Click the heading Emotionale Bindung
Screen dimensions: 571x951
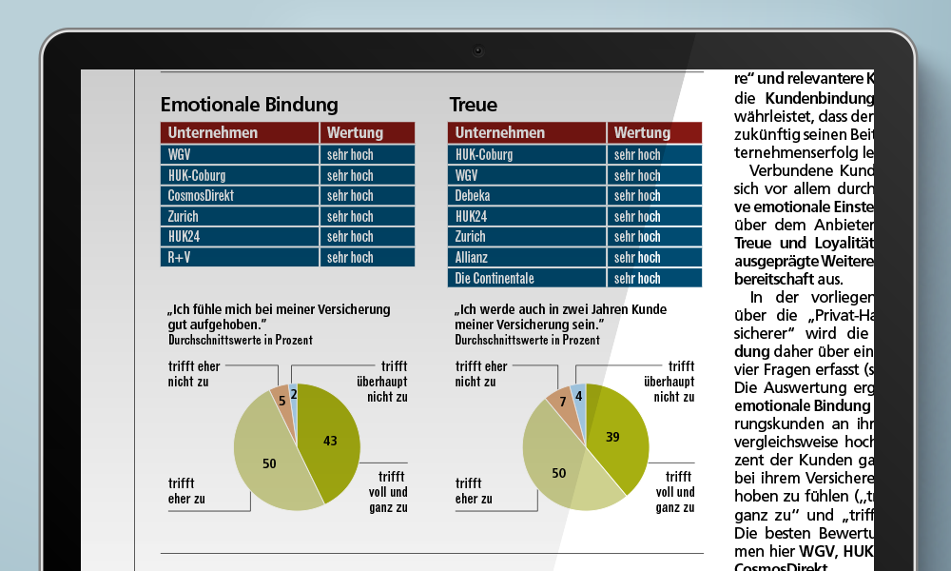pyautogui.click(x=249, y=105)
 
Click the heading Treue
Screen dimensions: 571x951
pyautogui.click(x=473, y=105)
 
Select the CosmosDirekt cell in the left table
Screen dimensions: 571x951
pyautogui.click(x=240, y=195)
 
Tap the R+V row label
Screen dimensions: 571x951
pyautogui.click(x=240, y=257)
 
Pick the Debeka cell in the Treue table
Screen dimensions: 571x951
pyautogui.click(x=527, y=196)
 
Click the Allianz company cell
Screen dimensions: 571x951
pyautogui.click(x=527, y=258)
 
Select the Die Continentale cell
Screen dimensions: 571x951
pyautogui.click(x=527, y=279)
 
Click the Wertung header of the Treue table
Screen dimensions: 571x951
pyautogui.click(x=654, y=132)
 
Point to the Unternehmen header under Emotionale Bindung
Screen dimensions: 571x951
pyautogui.click(x=240, y=132)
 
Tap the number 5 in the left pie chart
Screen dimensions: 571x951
pyautogui.click(x=281, y=401)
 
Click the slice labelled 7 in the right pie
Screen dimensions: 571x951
pyautogui.click(x=562, y=402)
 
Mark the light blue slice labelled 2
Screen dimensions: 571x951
pyautogui.click(x=294, y=394)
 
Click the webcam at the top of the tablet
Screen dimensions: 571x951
pyautogui.click(x=477, y=50)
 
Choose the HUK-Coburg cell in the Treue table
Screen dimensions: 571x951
pyautogui.click(x=527, y=154)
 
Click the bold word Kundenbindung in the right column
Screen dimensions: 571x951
pyautogui.click(x=819, y=98)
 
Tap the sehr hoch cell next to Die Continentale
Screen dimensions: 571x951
pyautogui.click(x=654, y=279)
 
